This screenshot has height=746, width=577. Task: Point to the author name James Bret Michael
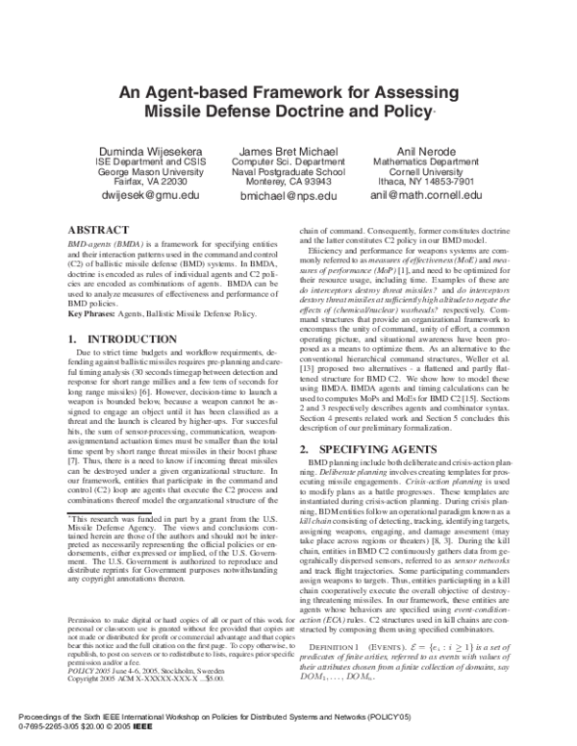pyautogui.click(x=288, y=151)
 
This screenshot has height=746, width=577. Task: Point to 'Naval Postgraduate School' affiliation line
pyautogui.click(x=288, y=172)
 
